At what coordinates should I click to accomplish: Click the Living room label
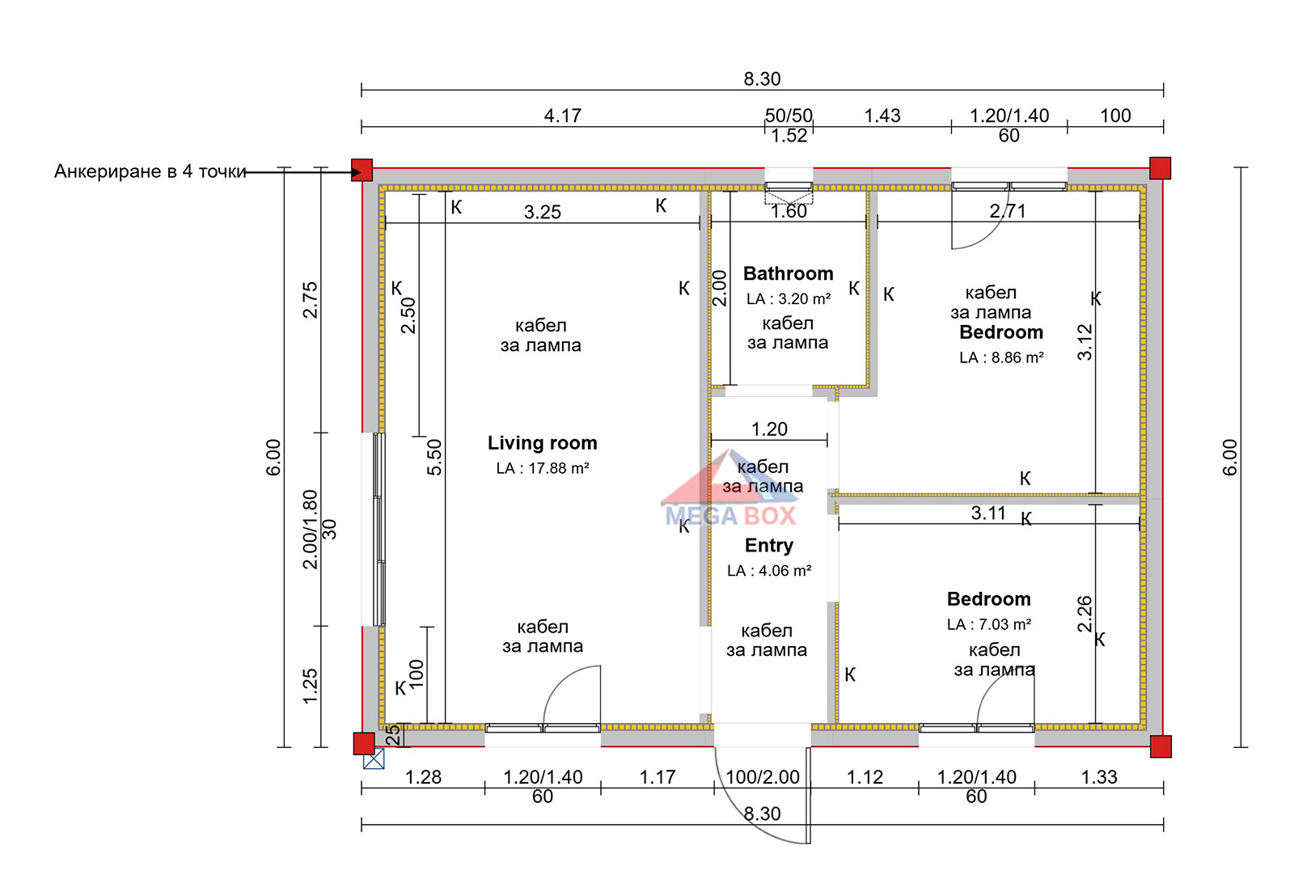[x=542, y=443]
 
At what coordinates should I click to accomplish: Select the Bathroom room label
[x=788, y=273]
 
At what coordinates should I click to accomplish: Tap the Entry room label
[x=769, y=545]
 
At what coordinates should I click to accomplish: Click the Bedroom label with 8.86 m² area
[x=1001, y=332]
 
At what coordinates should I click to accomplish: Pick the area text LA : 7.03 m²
[x=989, y=624]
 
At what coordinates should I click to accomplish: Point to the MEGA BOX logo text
[x=731, y=516]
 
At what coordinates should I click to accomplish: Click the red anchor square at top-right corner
[x=1160, y=168]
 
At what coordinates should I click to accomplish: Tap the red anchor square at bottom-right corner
[x=1161, y=746]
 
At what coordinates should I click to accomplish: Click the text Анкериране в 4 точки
[x=150, y=171]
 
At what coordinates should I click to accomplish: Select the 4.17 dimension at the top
[x=563, y=116]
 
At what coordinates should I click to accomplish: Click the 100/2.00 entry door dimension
[x=763, y=777]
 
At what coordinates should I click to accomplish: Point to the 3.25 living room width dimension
[x=543, y=212]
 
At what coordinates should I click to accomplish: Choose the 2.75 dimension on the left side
[x=311, y=300]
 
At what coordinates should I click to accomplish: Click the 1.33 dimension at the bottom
[x=1099, y=777]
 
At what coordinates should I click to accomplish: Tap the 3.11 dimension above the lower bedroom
[x=988, y=513]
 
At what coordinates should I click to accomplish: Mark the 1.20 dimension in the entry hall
[x=769, y=429]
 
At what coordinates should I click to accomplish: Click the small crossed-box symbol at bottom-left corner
[x=374, y=759]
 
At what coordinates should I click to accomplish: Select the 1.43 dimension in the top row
[x=882, y=116]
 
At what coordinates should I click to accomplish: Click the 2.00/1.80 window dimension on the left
[x=311, y=529]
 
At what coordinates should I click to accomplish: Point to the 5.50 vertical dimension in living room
[x=434, y=458]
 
